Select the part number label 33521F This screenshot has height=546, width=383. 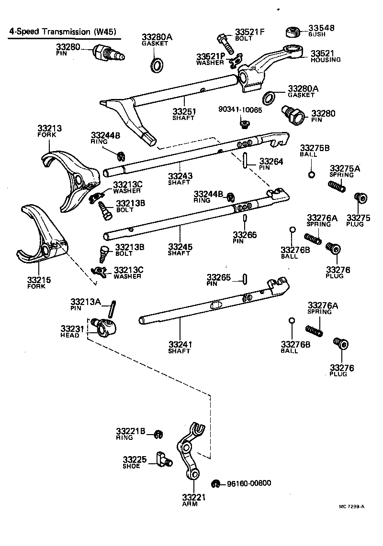point(249,33)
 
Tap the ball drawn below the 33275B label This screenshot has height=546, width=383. point(311,174)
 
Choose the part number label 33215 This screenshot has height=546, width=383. point(39,280)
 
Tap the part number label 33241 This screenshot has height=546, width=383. point(180,344)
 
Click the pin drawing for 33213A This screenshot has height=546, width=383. point(113,308)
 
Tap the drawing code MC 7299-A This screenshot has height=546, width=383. point(351,506)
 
